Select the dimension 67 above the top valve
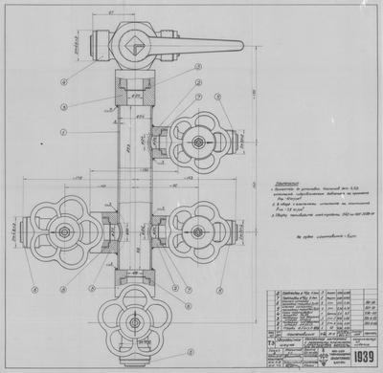[x=111, y=11]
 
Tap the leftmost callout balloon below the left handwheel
[x=33, y=288]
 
